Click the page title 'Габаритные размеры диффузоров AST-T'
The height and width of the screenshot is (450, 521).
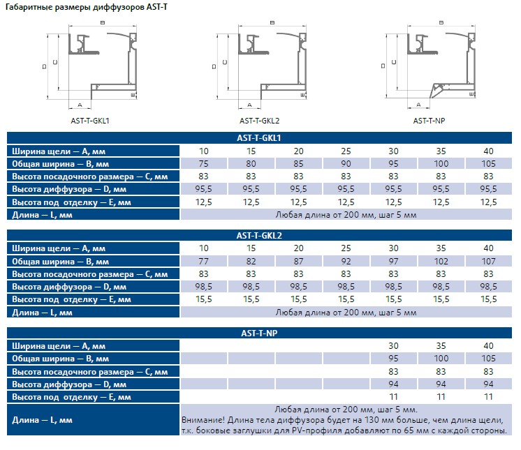point(86,7)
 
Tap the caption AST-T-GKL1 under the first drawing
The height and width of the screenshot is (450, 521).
point(89,121)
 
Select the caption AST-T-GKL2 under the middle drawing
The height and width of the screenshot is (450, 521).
point(260,121)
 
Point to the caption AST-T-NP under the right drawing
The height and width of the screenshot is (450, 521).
point(429,121)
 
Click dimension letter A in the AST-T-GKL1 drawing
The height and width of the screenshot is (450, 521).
point(80,105)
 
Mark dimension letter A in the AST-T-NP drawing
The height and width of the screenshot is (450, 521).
point(418,105)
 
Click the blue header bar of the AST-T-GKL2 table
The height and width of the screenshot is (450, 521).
point(259,235)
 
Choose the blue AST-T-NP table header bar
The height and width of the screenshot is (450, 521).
point(259,333)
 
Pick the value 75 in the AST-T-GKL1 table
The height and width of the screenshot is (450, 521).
point(203,164)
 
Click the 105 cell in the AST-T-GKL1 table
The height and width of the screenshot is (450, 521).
point(488,164)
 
